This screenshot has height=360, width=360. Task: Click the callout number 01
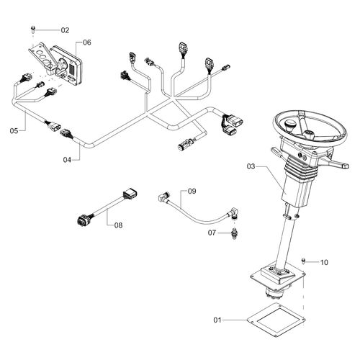(x=217, y=320)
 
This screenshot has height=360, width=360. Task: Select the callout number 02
(x=65, y=30)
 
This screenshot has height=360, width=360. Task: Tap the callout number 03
(x=251, y=166)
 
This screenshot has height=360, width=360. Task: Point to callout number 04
(x=67, y=160)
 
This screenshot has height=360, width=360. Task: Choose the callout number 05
(x=14, y=131)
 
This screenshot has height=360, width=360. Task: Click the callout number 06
(x=87, y=42)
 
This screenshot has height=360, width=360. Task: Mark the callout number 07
(x=212, y=233)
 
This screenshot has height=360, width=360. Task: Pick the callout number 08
(x=118, y=225)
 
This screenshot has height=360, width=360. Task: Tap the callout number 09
(x=192, y=191)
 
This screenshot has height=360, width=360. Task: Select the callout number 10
(x=324, y=262)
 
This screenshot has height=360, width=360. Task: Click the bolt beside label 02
(x=33, y=30)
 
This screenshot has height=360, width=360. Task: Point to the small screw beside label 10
(x=303, y=261)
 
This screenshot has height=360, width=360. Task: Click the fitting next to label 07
(x=234, y=233)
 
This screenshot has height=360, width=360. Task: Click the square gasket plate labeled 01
(x=276, y=320)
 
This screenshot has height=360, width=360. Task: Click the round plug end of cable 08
(x=81, y=220)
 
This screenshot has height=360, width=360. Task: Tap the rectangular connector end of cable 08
(x=130, y=194)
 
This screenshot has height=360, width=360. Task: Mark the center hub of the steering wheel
(x=308, y=135)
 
